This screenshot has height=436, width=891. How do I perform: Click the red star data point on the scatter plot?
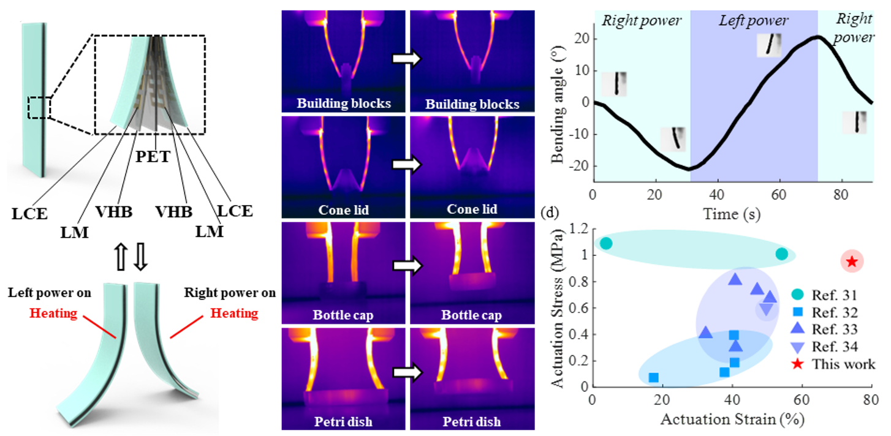pos(851,261)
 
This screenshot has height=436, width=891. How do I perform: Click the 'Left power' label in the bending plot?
pos(753,21)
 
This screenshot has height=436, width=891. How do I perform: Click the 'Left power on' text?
pos(50,293)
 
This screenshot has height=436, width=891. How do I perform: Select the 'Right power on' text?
pos(230,293)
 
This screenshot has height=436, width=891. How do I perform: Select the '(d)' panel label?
pos(549,214)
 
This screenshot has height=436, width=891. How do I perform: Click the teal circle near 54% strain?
pos(781,254)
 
